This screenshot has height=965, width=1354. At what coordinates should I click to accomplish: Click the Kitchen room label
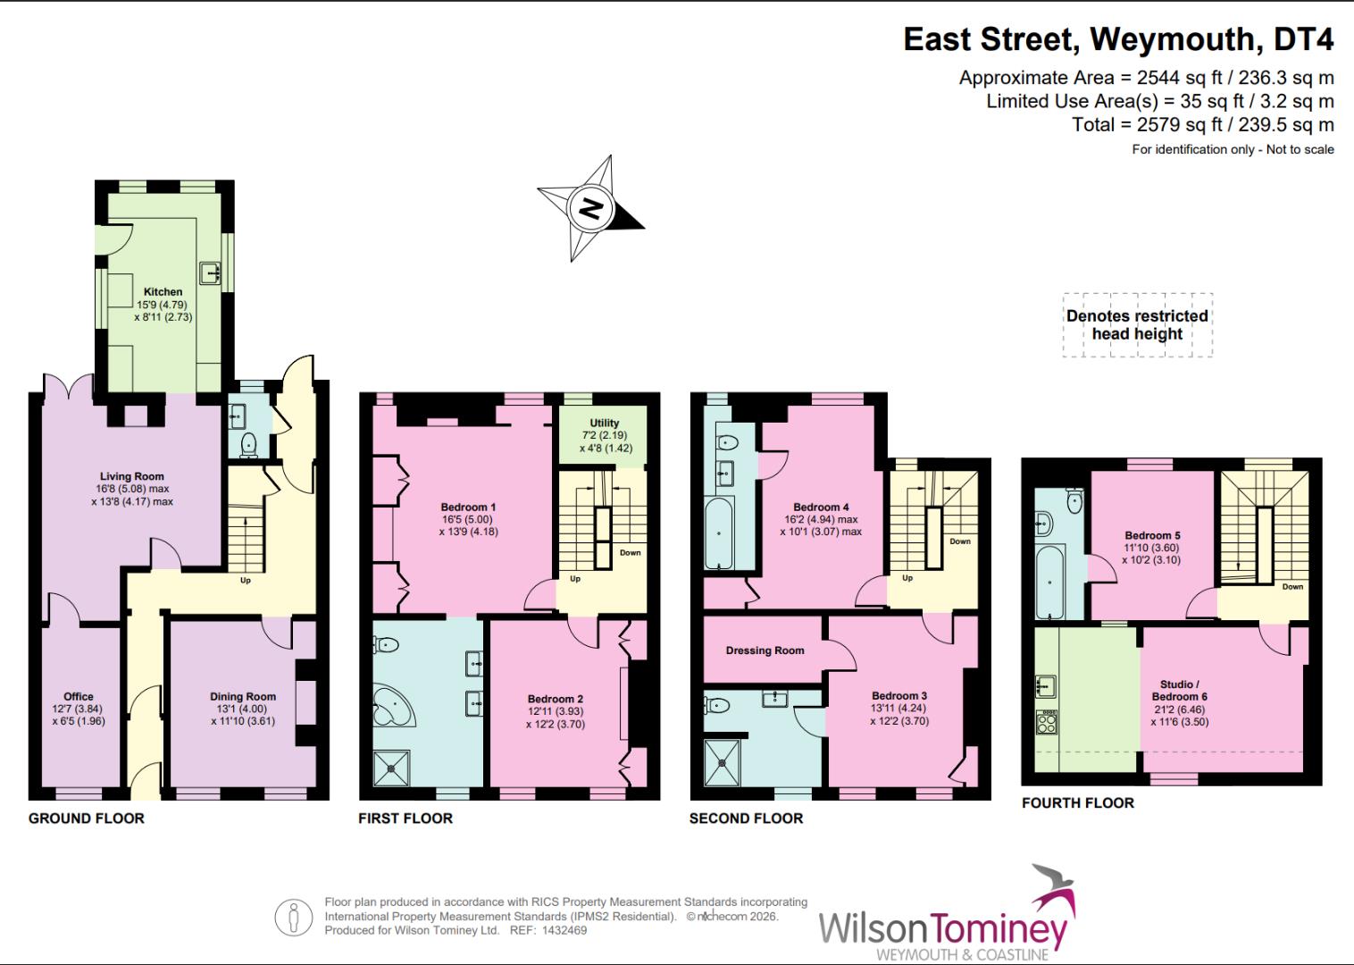click(163, 291)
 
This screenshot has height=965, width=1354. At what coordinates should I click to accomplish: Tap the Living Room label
click(131, 476)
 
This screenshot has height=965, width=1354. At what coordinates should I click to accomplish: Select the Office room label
click(79, 696)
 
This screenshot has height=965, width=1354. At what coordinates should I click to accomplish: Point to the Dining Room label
click(243, 696)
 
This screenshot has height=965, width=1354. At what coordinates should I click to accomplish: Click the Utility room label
click(605, 423)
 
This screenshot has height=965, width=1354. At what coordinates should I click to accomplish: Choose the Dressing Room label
click(765, 650)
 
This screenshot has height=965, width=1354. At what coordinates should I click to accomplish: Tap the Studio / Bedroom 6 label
click(1179, 690)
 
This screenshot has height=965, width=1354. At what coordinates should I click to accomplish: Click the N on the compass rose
click(590, 208)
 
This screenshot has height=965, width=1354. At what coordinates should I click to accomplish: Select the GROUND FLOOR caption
click(86, 818)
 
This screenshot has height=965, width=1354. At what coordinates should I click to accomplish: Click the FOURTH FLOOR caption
click(1077, 802)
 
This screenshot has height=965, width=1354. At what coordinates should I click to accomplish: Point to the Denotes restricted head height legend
click(1137, 324)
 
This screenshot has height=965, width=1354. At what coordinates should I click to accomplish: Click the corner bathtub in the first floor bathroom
click(391, 706)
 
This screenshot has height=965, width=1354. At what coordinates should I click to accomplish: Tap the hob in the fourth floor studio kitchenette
click(1046, 721)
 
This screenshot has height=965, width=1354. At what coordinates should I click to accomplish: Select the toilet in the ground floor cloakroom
click(248, 443)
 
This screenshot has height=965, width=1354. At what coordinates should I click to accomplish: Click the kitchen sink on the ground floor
click(211, 272)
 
